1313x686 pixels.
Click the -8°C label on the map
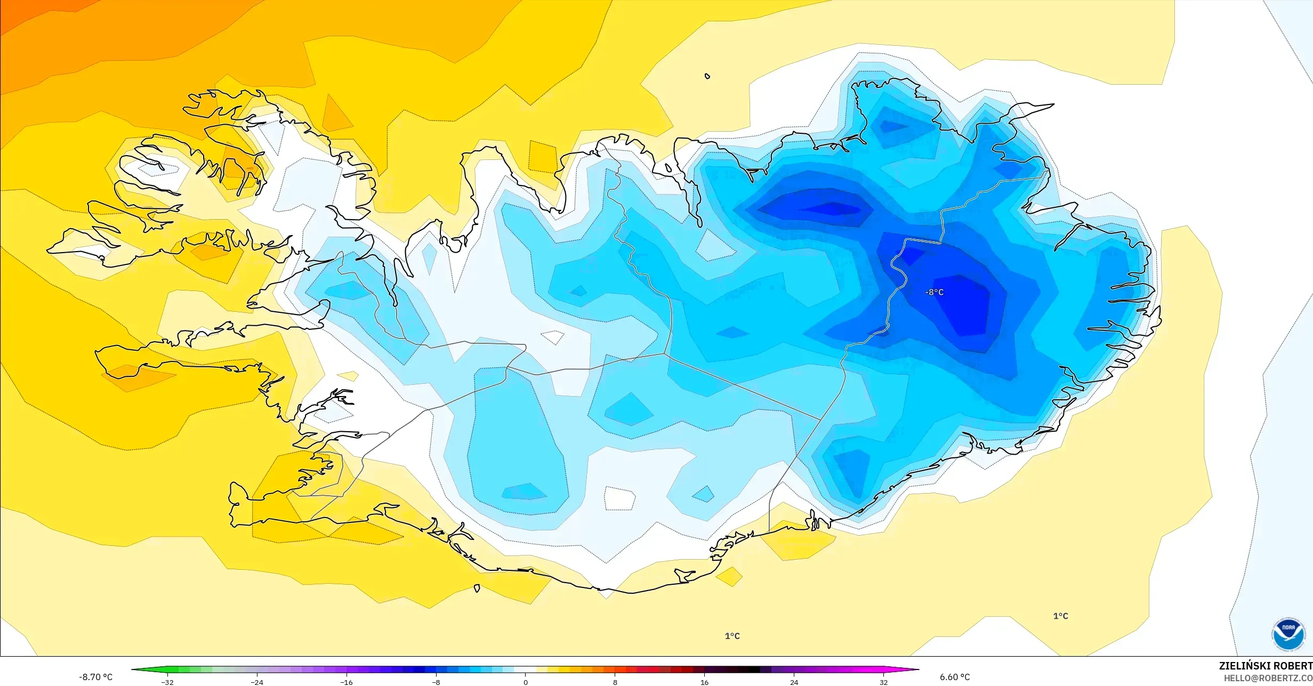coord(935,292)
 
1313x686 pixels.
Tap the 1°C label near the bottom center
coord(732,636)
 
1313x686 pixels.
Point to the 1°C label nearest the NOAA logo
coord(1060,616)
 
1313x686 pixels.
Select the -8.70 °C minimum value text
coord(96,677)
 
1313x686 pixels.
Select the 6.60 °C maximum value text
coord(954,677)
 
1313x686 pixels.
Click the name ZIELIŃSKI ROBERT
coord(1265,666)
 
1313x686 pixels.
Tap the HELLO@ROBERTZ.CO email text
coord(1268,678)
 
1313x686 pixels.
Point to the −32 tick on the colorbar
coord(167,682)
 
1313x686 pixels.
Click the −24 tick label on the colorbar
coord(257,682)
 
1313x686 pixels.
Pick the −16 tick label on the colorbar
coord(347,682)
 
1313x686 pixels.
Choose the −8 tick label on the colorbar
coord(436,682)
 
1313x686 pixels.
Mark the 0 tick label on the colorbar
coord(526,682)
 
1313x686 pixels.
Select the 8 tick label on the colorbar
coord(615,682)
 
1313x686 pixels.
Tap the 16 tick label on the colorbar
coord(704,682)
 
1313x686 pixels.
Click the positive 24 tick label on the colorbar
coord(794,682)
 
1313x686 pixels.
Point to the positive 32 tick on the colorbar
coord(883,682)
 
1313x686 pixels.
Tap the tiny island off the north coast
coord(707,76)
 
